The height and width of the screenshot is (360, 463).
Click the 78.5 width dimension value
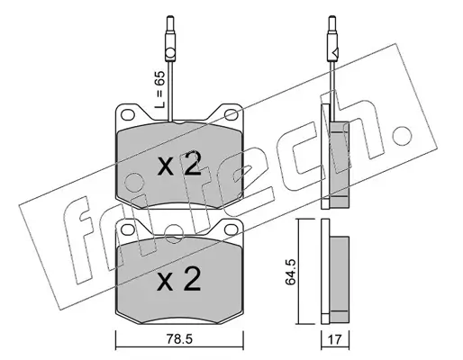178,339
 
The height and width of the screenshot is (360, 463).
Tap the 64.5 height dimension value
291,272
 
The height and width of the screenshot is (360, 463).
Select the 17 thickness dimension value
335,340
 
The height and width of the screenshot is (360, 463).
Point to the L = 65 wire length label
159,90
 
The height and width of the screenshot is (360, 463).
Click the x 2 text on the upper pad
179,164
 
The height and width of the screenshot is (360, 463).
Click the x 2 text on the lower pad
179,278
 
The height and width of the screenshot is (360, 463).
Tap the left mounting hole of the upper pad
128,114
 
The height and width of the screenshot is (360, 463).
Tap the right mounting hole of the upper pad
231,114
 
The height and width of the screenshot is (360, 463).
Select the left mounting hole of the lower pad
128,229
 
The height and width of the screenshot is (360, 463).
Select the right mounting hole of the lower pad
231,229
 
